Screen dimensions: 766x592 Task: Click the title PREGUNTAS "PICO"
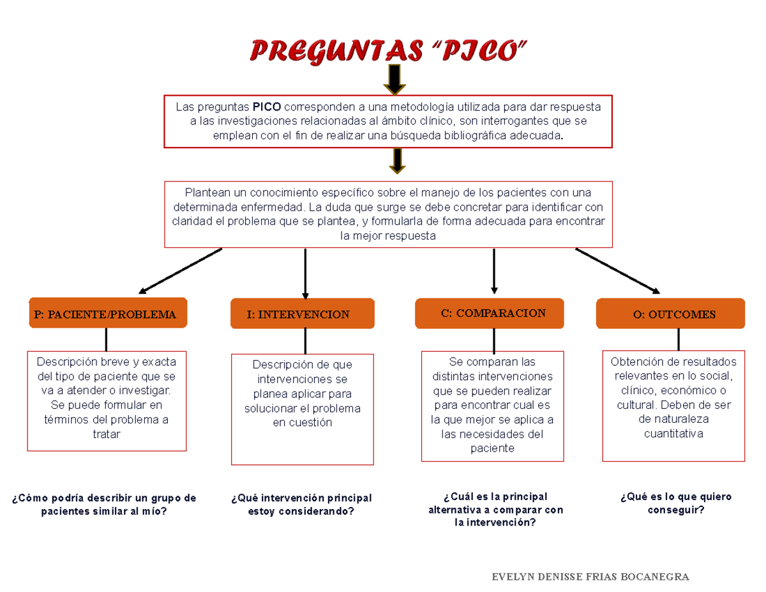point(390,50)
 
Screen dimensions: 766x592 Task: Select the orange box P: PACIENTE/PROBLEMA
point(107,314)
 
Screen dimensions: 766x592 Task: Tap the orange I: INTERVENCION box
point(303,314)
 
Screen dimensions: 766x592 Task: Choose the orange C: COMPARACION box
point(493,313)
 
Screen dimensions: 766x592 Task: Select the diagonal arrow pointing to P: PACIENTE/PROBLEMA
point(181,270)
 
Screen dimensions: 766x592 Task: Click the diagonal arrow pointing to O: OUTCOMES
point(617,270)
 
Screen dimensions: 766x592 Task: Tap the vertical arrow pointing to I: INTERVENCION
point(305,273)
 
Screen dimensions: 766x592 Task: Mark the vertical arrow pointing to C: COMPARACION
point(493,271)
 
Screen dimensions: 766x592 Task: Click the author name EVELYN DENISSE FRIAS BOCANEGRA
point(590,577)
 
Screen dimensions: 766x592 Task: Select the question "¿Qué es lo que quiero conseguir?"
point(676,503)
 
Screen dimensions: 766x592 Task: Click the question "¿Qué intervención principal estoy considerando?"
point(302,505)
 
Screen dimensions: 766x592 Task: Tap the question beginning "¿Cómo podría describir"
point(104,505)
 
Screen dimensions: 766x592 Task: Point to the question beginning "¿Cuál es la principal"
point(495,509)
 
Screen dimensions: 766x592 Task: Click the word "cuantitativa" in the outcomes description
point(673,434)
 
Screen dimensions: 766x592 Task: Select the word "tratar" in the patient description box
point(107,434)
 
